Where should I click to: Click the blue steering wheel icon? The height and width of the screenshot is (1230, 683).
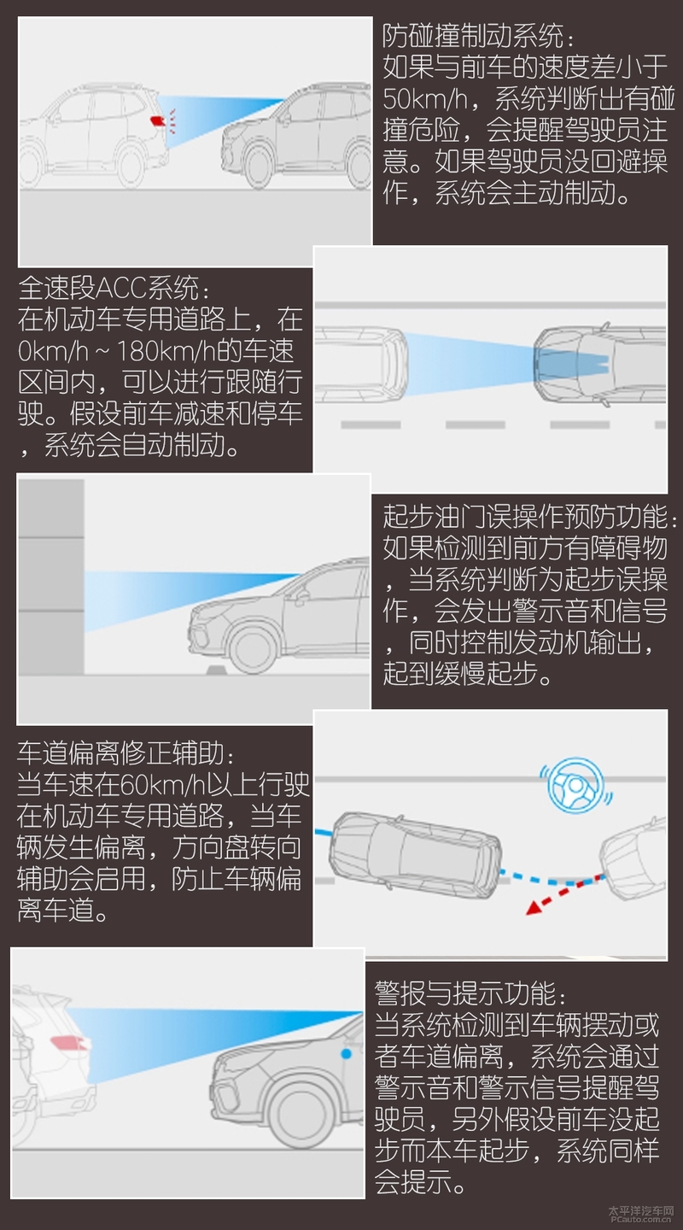(574, 788)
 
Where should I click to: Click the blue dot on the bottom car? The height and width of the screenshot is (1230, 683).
(345, 1055)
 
